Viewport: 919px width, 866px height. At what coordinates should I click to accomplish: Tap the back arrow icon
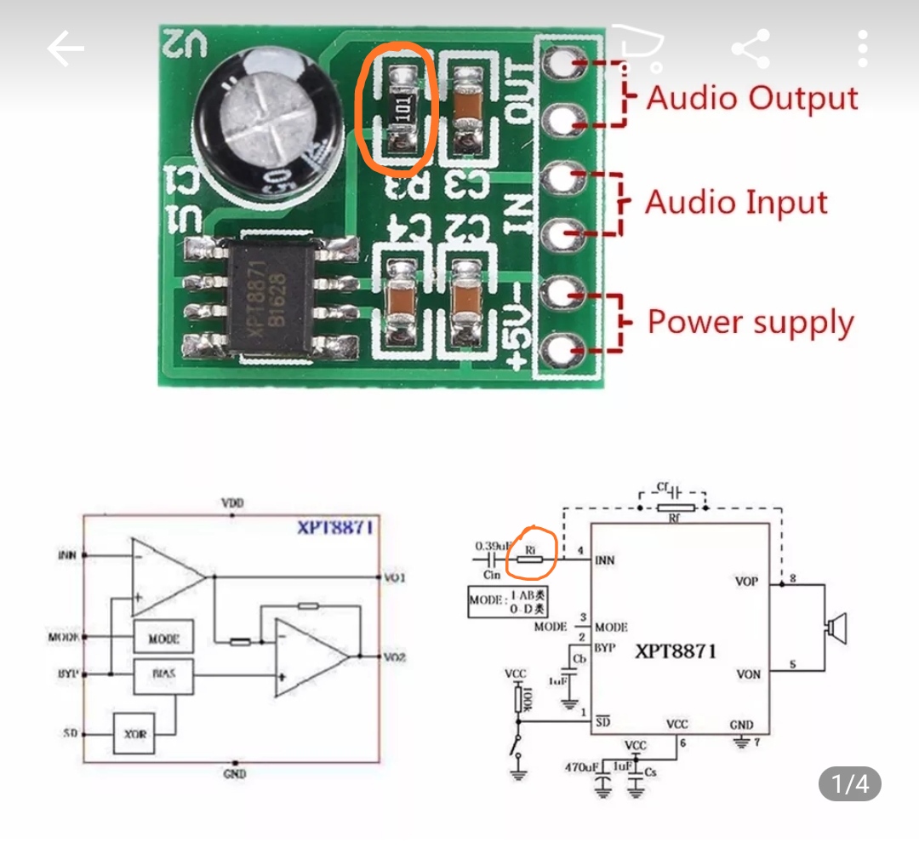66,49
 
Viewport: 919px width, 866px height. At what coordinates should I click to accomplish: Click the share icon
751,49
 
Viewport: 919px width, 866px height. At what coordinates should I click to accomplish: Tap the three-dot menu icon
864,49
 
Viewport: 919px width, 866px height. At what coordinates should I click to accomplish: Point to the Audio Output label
752,98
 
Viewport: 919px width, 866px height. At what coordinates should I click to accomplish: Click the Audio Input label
736,203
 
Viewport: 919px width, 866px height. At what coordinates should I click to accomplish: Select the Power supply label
751,323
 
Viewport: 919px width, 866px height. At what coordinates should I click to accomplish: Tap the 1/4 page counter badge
849,783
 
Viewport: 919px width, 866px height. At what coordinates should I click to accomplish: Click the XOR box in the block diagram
135,733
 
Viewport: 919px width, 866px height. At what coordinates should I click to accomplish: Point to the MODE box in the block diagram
163,637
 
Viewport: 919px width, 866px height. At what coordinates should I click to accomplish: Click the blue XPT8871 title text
334,527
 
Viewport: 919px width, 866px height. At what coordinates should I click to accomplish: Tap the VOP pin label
748,582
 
